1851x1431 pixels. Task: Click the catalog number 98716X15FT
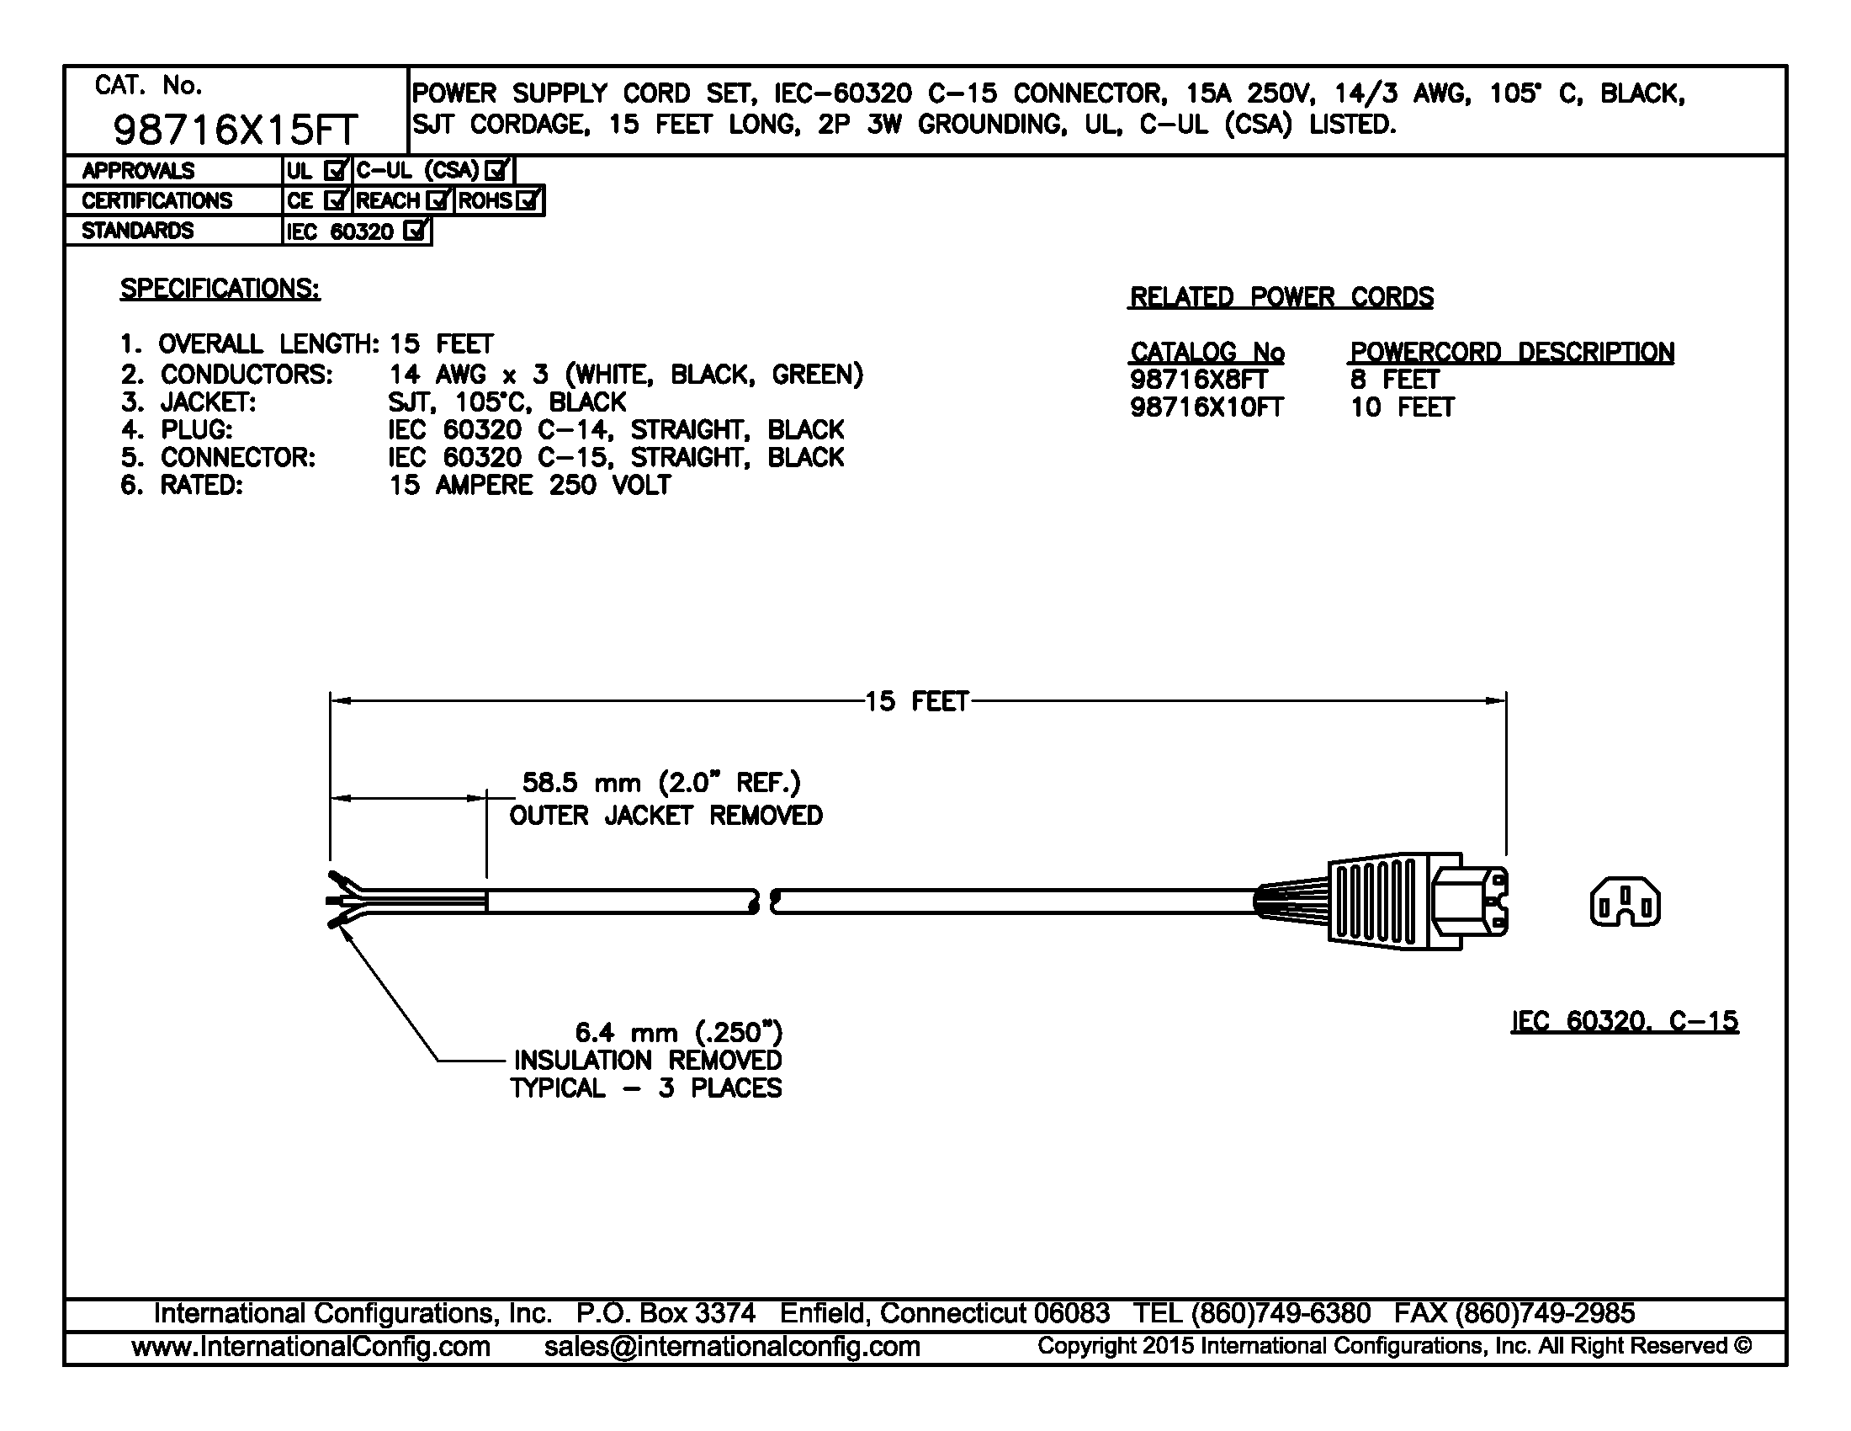coord(236,130)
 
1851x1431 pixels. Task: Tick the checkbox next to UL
coord(336,170)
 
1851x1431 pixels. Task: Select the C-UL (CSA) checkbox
coord(496,170)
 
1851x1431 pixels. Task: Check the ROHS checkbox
coord(528,201)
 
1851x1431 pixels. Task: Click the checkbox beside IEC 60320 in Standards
coord(416,231)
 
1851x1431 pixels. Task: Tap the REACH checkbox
coord(438,201)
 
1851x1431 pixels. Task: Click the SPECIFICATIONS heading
coord(220,289)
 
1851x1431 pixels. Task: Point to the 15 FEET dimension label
coord(916,701)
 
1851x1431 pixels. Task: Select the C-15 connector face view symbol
coord(1625,902)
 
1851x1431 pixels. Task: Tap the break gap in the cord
coord(765,902)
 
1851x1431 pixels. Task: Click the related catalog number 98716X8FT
coord(1198,380)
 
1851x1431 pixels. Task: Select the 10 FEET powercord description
coord(1403,407)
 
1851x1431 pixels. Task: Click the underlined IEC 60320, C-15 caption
coord(1625,1021)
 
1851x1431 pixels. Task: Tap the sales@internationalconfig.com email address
coord(732,1346)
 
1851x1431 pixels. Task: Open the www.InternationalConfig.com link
coord(311,1346)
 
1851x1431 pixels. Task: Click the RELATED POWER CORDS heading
coord(1281,297)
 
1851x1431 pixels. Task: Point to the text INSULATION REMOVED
coord(649,1061)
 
